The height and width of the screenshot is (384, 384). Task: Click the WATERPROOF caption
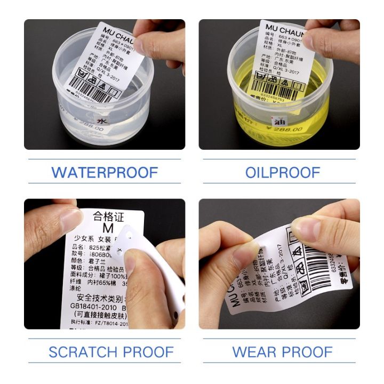tap(105, 173)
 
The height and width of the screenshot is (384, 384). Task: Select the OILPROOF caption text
tap(282, 173)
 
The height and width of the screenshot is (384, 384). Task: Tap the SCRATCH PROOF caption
tap(111, 352)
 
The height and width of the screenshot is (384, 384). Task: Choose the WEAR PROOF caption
tap(282, 352)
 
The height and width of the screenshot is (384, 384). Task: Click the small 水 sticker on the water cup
tap(102, 122)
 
